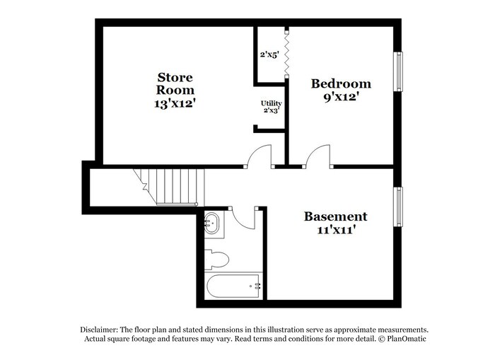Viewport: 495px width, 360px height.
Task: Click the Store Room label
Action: click(x=175, y=83)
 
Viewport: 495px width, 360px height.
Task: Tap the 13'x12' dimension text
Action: click(x=175, y=103)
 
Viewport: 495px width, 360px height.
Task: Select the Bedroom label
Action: click(x=341, y=83)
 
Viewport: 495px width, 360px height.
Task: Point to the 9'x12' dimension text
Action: click(x=341, y=97)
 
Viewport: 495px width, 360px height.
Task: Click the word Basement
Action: click(x=335, y=216)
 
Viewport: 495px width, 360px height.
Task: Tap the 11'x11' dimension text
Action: click(x=335, y=230)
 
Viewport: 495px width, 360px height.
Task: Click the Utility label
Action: click(x=272, y=103)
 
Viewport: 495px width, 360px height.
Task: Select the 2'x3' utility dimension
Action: click(x=272, y=111)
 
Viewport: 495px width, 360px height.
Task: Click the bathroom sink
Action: click(x=212, y=224)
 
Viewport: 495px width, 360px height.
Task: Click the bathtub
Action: click(x=234, y=286)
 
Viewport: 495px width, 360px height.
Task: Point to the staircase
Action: click(x=170, y=186)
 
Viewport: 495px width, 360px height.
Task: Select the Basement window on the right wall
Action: click(x=400, y=207)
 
